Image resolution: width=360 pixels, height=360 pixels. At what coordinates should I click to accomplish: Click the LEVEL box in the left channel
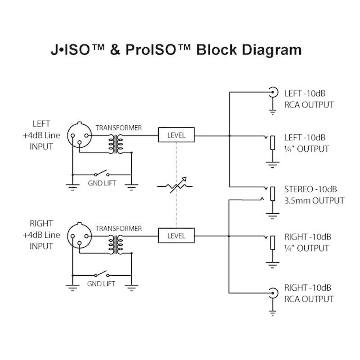[x=176, y=135]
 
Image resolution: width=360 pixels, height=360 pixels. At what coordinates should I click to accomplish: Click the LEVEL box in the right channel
[x=176, y=235]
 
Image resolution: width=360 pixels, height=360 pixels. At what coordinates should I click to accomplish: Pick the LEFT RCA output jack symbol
[x=273, y=93]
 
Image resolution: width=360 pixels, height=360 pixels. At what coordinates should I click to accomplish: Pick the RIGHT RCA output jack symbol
[x=273, y=293]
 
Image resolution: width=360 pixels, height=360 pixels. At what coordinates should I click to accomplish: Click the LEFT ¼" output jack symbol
[x=272, y=143]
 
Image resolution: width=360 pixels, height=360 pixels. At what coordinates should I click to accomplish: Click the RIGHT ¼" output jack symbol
[x=272, y=243]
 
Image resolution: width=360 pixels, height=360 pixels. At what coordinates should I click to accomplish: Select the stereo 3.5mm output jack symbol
[x=271, y=194]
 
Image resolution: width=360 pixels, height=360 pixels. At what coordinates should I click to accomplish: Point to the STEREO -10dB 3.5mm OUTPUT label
[x=314, y=194]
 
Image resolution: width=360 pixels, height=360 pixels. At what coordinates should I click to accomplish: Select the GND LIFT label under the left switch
[x=101, y=184]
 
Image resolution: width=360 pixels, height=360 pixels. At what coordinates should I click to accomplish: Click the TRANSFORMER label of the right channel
[x=119, y=229]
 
